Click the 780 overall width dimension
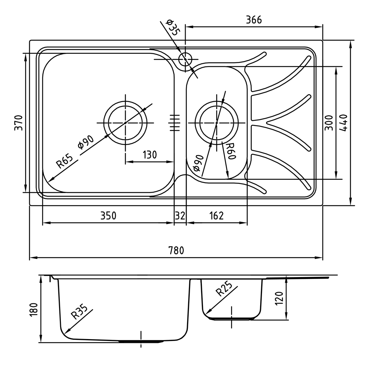coord(176,251)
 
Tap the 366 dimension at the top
coord(254,20)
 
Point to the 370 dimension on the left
coord(19,123)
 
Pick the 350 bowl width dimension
coord(108,216)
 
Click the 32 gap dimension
coord(180,216)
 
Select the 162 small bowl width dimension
coord(216,216)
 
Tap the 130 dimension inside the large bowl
coord(149,155)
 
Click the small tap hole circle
coord(185,59)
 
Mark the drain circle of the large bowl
coord(125,122)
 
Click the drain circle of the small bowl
coord(217,122)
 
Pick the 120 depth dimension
coord(279,298)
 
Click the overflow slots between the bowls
coord(175,122)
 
